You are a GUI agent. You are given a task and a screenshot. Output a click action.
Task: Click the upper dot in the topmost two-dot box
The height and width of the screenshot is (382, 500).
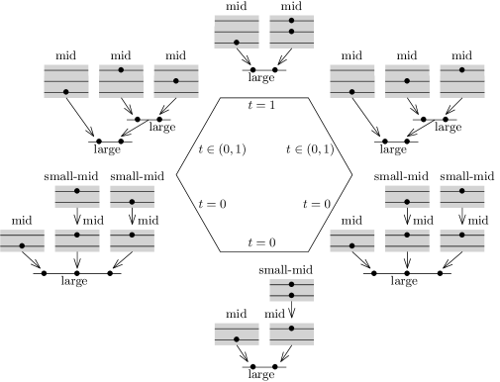291,21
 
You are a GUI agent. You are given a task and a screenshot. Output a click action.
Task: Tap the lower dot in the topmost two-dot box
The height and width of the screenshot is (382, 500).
291,32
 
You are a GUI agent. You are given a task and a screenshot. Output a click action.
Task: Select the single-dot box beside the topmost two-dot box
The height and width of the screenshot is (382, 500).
237,32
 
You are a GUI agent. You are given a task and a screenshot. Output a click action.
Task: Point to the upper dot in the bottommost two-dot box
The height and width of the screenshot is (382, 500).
291,284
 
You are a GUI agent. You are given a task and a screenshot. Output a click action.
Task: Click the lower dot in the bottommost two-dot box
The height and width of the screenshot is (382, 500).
291,295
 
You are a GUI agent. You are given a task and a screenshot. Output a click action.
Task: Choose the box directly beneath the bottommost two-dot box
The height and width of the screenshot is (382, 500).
291,334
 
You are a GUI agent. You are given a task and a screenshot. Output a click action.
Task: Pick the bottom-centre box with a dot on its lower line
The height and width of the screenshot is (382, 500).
237,334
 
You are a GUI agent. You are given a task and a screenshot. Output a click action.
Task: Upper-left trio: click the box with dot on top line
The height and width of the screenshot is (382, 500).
121,81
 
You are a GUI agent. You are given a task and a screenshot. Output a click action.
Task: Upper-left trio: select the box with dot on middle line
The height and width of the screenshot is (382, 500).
176,81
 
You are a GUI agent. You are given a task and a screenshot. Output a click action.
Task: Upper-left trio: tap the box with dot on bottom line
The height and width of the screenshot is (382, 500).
66,81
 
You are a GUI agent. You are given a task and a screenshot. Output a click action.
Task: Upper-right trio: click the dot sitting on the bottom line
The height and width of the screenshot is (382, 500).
351,92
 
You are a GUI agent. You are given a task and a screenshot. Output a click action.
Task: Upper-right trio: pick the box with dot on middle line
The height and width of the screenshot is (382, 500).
407,81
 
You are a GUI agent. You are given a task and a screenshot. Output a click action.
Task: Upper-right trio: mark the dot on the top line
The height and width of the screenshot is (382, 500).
461,70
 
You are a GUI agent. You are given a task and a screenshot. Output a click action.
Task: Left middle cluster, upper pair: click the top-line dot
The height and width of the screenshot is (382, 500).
77,191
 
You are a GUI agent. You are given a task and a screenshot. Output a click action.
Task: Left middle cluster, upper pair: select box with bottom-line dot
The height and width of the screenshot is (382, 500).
132,196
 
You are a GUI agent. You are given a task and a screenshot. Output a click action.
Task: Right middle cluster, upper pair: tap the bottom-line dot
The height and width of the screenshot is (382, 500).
407,202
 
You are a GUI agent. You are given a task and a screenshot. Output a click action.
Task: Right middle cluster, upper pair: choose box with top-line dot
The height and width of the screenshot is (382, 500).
461,196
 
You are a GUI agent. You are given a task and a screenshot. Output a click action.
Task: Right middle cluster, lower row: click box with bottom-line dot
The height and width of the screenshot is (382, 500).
351,240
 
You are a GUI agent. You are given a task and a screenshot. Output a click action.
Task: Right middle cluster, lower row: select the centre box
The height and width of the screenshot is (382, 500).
407,240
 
